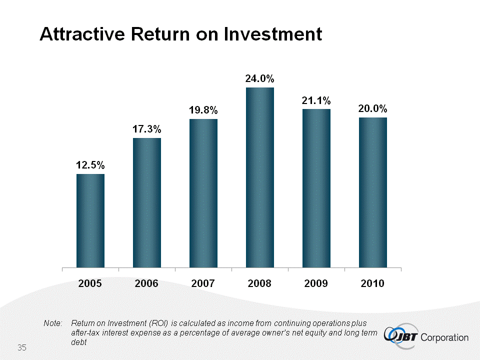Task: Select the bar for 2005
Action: pos(90,220)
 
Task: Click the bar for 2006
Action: pos(146,202)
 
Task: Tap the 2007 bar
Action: pos(203,193)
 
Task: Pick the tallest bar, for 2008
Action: pos(259,177)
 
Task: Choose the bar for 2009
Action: pos(316,188)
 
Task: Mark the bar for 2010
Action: pos(372,192)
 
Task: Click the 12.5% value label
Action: pos(90,164)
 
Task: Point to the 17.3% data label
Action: pos(146,129)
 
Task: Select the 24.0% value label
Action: pos(259,78)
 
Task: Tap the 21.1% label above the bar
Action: pos(316,100)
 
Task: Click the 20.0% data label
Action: pos(372,108)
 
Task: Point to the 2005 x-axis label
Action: pos(90,283)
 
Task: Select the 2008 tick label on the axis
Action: pos(259,283)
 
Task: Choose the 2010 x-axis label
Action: pos(372,283)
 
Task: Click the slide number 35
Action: pos(21,347)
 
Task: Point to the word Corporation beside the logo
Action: pos(445,337)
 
